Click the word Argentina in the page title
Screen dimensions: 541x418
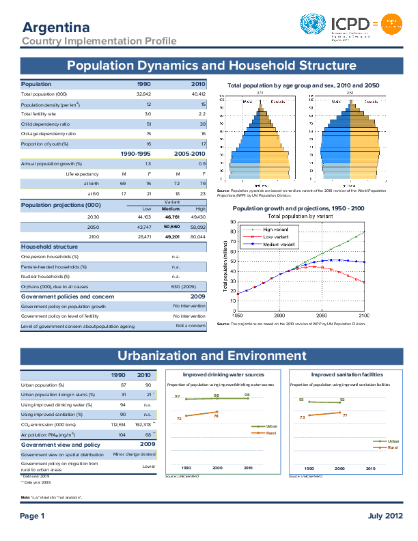[x=56, y=27]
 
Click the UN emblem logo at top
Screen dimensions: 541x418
[x=313, y=27]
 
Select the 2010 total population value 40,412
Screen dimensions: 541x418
[x=199, y=94]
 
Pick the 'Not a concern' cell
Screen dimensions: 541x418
[x=191, y=326]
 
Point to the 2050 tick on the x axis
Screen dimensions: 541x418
[x=322, y=316]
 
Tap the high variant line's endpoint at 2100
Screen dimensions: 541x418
[x=364, y=232]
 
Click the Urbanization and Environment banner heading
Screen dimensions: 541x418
[x=212, y=356]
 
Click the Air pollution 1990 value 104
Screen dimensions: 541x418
[x=123, y=434]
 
